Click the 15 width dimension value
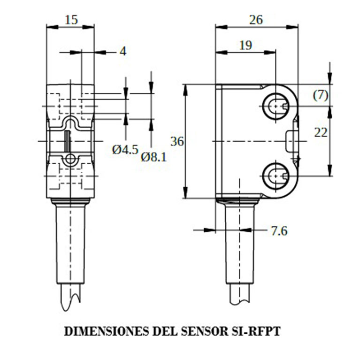(71, 20)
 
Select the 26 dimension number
(256, 20)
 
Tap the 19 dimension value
(245, 45)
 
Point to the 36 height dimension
(177, 141)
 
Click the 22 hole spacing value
(321, 133)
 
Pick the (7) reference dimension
(321, 95)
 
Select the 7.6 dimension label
(279, 231)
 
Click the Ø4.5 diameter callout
(125, 150)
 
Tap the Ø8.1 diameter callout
(153, 157)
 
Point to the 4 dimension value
(123, 51)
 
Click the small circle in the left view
(70, 159)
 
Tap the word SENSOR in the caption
(204, 331)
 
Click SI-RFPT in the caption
(255, 331)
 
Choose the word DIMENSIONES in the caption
(107, 331)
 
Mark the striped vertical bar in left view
(67, 141)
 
